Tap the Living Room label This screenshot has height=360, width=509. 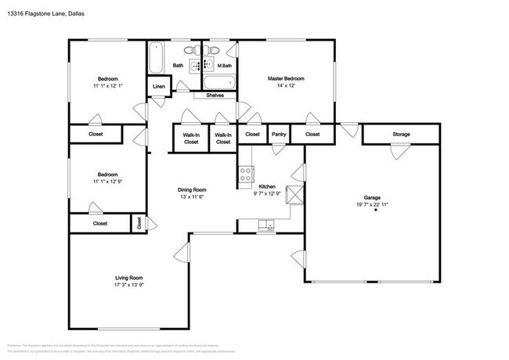[x=128, y=278]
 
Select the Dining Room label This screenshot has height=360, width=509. [x=191, y=189]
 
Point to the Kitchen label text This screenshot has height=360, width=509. [x=268, y=186]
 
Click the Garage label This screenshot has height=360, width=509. [x=371, y=198]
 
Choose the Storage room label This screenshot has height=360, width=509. [x=401, y=135]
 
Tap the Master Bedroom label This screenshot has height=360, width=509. [x=286, y=79]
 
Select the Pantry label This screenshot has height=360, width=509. [x=279, y=135]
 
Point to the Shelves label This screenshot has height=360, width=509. [x=215, y=95]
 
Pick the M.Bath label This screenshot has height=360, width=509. [x=224, y=66]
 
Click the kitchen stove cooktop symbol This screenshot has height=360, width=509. [x=246, y=175]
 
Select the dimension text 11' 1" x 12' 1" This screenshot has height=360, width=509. [x=107, y=86]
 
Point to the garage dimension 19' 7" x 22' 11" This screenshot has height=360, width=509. [x=371, y=205]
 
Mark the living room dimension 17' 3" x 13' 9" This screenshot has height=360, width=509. [x=128, y=285]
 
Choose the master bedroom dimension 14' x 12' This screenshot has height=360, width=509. [x=286, y=86]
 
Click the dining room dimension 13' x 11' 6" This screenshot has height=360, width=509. [x=191, y=196]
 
